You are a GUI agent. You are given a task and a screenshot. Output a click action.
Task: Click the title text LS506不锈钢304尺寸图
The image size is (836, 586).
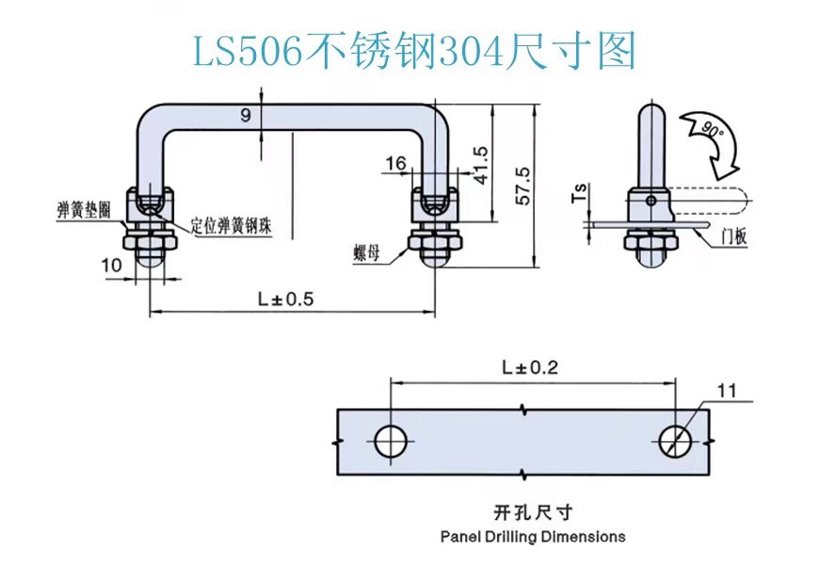(x=414, y=51)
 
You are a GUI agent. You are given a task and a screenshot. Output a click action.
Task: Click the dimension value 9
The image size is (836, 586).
(x=246, y=115)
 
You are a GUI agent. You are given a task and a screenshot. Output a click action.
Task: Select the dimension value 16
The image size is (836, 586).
(x=395, y=163)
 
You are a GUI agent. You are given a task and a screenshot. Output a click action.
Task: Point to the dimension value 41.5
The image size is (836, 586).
(x=480, y=166)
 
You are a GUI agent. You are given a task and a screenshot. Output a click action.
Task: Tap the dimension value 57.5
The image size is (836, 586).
(x=523, y=186)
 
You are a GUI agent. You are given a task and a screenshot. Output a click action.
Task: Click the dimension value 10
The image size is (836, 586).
(x=111, y=265)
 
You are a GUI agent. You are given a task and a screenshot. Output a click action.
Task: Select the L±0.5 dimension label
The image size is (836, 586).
(x=286, y=299)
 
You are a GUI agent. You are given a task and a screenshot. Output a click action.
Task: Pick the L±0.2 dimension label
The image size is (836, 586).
(x=530, y=367)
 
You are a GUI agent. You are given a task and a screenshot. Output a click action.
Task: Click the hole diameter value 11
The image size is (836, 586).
(x=727, y=391)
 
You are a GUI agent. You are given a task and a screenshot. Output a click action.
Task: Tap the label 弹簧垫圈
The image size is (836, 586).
(x=84, y=210)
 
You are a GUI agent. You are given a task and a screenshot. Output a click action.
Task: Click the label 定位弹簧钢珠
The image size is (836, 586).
(x=232, y=226)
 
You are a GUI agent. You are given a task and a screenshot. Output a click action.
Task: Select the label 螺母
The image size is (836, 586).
(x=366, y=252)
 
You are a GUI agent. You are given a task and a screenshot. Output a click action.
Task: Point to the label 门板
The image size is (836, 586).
(x=734, y=236)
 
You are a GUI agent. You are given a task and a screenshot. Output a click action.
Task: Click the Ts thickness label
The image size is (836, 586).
(x=580, y=193)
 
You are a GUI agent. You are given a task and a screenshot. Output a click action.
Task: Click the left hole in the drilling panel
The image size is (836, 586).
(x=391, y=441)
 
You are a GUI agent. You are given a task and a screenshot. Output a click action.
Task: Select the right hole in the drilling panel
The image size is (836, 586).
(x=676, y=441)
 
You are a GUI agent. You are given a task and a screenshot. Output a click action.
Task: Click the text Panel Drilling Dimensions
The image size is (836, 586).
(x=533, y=536)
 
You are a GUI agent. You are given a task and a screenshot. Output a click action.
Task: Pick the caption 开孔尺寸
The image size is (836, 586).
(x=533, y=513)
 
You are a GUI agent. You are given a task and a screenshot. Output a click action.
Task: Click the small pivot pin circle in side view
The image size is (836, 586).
(x=651, y=201)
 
